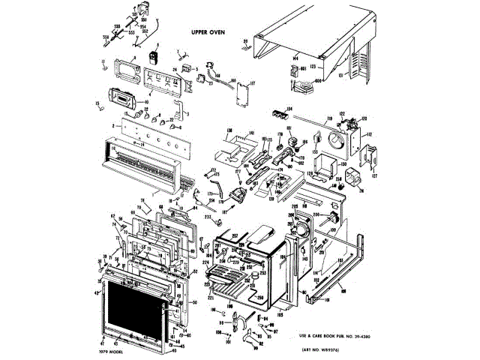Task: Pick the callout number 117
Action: pos(252,83)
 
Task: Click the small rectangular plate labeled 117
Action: pos(242,96)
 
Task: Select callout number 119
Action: pos(328,118)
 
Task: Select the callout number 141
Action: pos(253,133)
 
